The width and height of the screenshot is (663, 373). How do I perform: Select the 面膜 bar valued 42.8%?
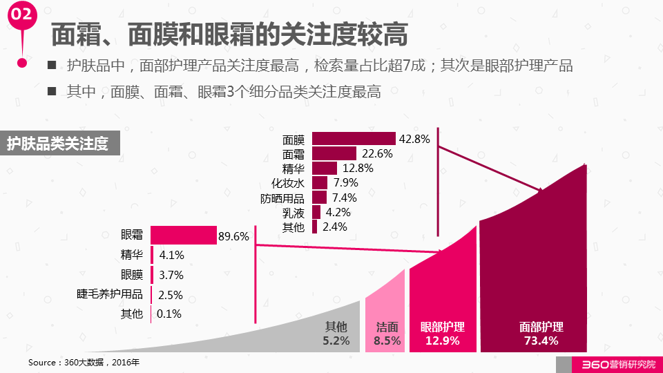(x=354, y=139)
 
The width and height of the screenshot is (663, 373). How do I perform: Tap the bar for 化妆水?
(x=320, y=183)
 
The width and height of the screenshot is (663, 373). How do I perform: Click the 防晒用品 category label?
(x=282, y=198)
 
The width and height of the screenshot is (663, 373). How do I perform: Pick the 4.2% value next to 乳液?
(x=338, y=212)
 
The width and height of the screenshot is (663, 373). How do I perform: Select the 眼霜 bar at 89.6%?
(x=183, y=235)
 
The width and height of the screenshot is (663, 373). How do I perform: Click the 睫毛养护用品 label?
(x=110, y=294)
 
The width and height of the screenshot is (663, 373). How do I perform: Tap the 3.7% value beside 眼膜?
(x=171, y=275)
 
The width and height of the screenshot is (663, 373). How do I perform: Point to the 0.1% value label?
(x=169, y=314)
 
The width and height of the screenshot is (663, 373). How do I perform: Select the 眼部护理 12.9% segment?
(x=442, y=304)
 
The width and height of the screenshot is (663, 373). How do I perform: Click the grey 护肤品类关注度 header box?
(x=58, y=144)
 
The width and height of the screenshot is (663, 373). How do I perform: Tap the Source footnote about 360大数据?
(x=83, y=362)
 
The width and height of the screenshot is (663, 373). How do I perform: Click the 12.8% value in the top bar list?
(x=357, y=168)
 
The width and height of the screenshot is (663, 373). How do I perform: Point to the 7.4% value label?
(x=345, y=198)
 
